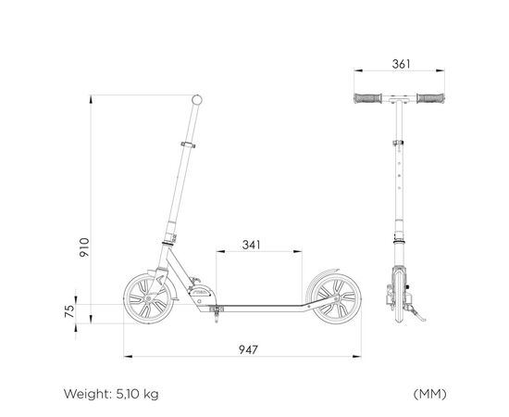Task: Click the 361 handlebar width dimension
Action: click(401, 64)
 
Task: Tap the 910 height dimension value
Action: click(84, 247)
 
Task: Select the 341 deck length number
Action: click(251, 245)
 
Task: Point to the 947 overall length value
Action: click(248, 349)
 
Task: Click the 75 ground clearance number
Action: click(69, 310)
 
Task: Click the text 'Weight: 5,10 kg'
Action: click(111, 394)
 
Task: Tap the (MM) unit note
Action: click(429, 394)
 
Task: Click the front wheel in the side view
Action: click(148, 298)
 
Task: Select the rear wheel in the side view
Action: click(336, 298)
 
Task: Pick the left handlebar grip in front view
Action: click(367, 98)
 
